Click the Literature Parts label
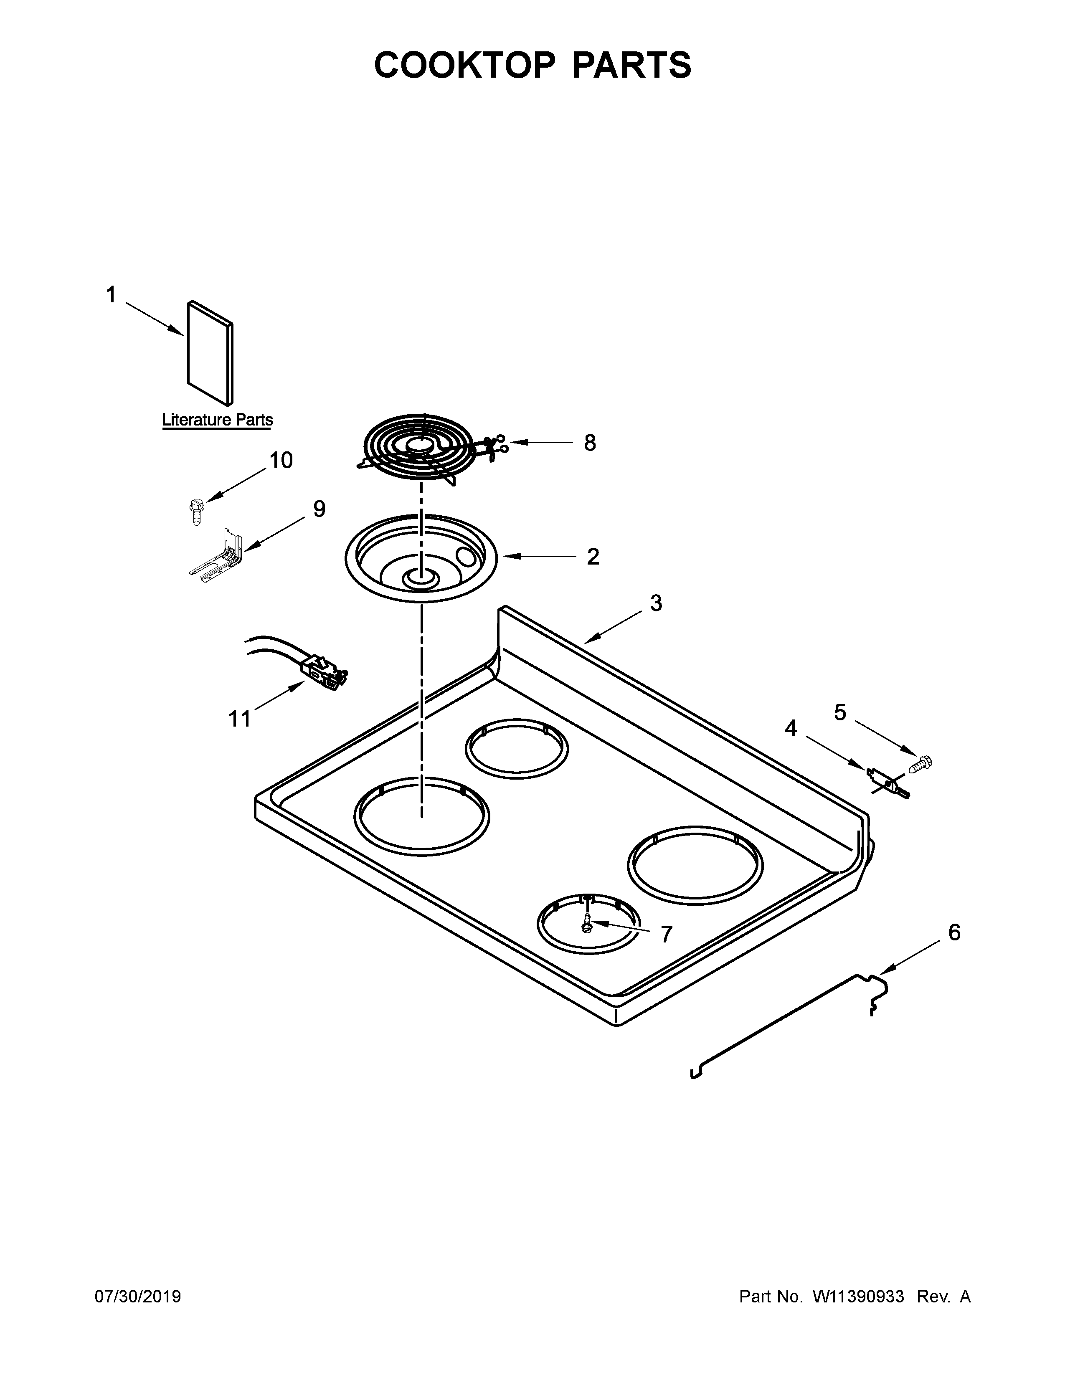coord(217,420)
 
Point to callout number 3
coord(656,603)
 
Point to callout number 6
coord(954,932)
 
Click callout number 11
coord(240,718)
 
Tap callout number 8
coord(589,443)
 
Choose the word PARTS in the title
coord(631,65)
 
